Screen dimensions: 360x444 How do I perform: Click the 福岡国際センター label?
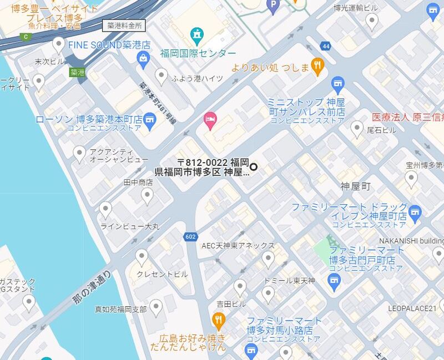[x=198, y=53]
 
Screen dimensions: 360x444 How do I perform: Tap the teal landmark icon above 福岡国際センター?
[x=197, y=36]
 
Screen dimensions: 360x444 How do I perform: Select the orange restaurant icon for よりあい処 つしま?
[x=317, y=66]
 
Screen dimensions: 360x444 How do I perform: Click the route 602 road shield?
[x=190, y=237]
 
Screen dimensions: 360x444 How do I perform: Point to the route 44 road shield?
[x=325, y=46]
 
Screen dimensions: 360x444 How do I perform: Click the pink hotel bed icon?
[x=210, y=118]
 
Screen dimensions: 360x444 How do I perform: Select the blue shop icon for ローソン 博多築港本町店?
[x=149, y=120]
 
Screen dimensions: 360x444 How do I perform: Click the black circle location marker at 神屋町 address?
[x=254, y=166]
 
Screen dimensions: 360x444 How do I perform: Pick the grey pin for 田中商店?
[x=147, y=195]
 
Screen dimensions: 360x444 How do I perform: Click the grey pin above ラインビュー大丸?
[x=105, y=209]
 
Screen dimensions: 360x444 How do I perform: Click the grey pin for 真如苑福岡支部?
[x=157, y=307]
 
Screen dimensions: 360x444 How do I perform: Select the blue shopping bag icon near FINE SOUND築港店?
[x=144, y=58]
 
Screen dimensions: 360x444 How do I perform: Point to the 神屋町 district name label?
[x=355, y=186]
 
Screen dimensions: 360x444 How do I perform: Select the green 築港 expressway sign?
[x=77, y=72]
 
